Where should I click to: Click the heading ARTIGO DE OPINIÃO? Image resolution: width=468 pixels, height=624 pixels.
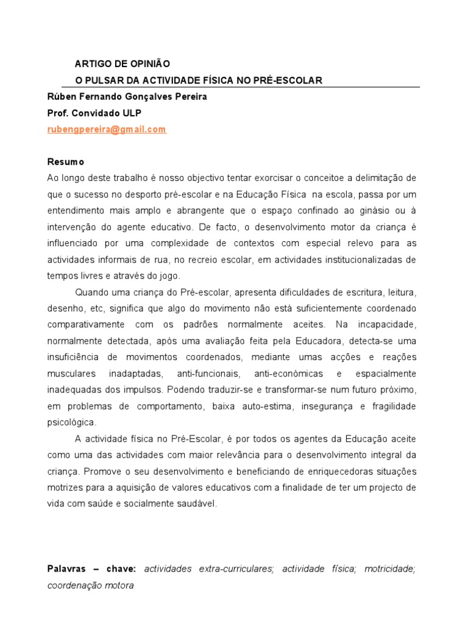pos(122,63)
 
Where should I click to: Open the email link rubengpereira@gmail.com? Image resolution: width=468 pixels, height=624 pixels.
pos(106,129)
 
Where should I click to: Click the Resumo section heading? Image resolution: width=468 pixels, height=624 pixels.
pos(66,162)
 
